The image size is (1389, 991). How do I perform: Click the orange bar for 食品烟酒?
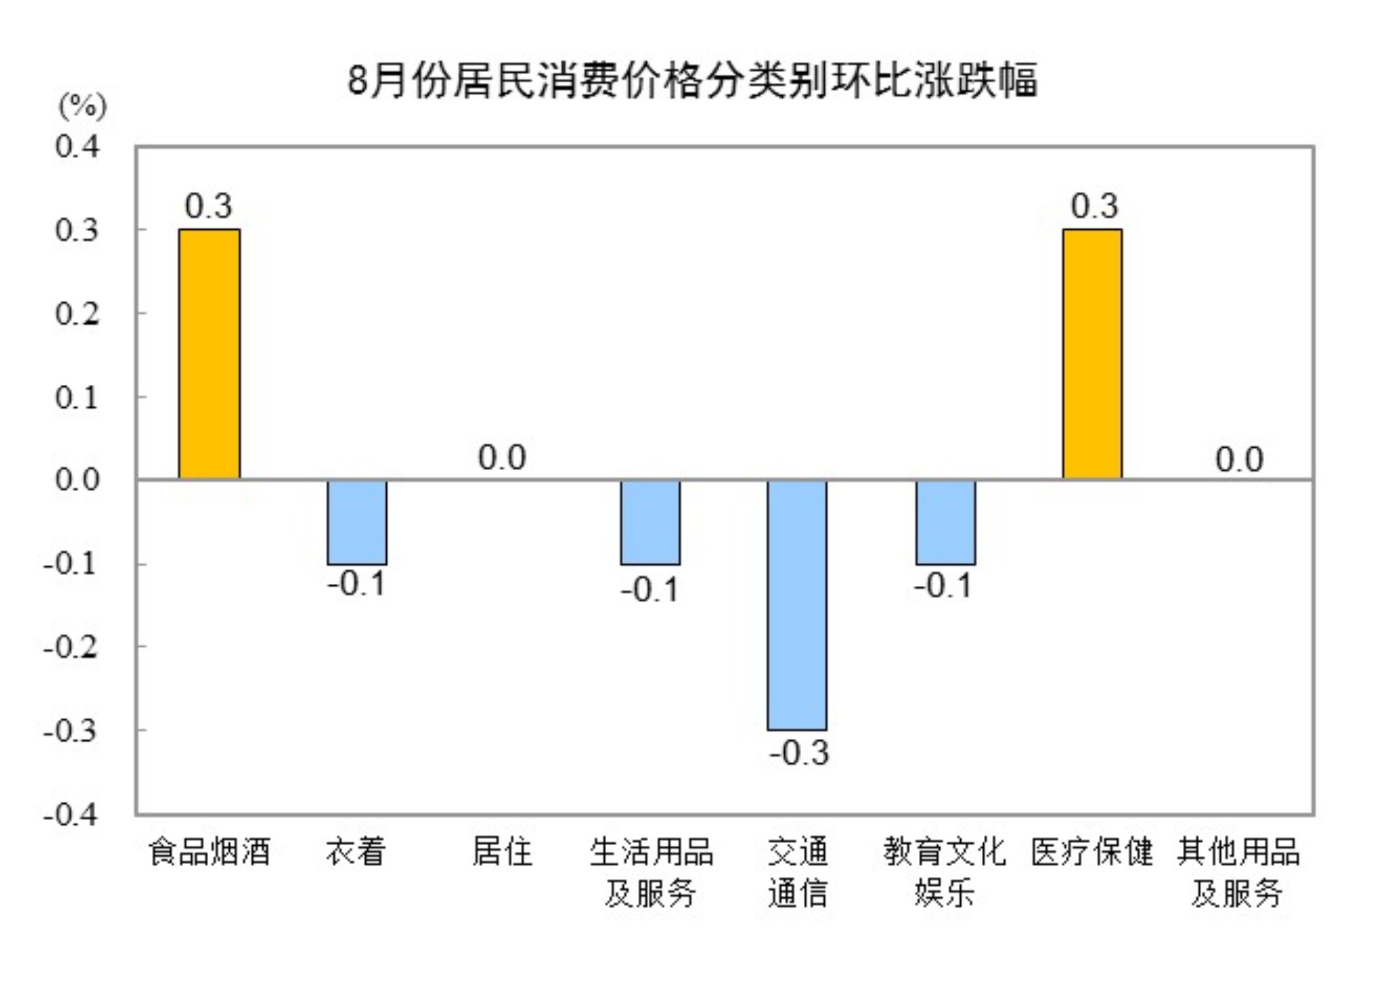pos(209,354)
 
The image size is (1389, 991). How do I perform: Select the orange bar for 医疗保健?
pos(1092,354)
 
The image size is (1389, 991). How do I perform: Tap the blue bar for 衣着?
pos(357,522)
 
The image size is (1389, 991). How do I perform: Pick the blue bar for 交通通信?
pos(797,605)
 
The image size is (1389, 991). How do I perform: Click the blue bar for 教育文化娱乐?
pos(945,522)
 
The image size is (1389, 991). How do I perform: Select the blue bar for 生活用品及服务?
pos(650,522)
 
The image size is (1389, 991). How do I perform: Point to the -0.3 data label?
pos(799,753)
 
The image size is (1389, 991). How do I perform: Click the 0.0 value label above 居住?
pos(502,457)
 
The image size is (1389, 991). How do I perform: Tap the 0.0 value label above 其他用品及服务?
pos(1239,459)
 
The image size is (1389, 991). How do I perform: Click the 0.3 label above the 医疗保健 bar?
pos(1094,206)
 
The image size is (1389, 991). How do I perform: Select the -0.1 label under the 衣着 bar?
pos(357,583)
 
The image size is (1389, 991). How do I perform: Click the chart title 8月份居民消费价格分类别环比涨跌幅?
pos(692,81)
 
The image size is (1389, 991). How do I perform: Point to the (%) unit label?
pos(82,105)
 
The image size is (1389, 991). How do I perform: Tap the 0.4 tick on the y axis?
pos(77,146)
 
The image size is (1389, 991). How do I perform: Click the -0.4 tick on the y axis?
pos(71,814)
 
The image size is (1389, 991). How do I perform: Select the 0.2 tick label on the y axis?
pos(77,314)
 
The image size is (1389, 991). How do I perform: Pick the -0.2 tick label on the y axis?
pos(71,647)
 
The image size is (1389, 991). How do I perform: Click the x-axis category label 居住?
pos(502,851)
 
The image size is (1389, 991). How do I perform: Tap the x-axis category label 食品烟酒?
pos(209,851)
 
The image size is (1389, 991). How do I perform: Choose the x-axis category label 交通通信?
pos(797,871)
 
